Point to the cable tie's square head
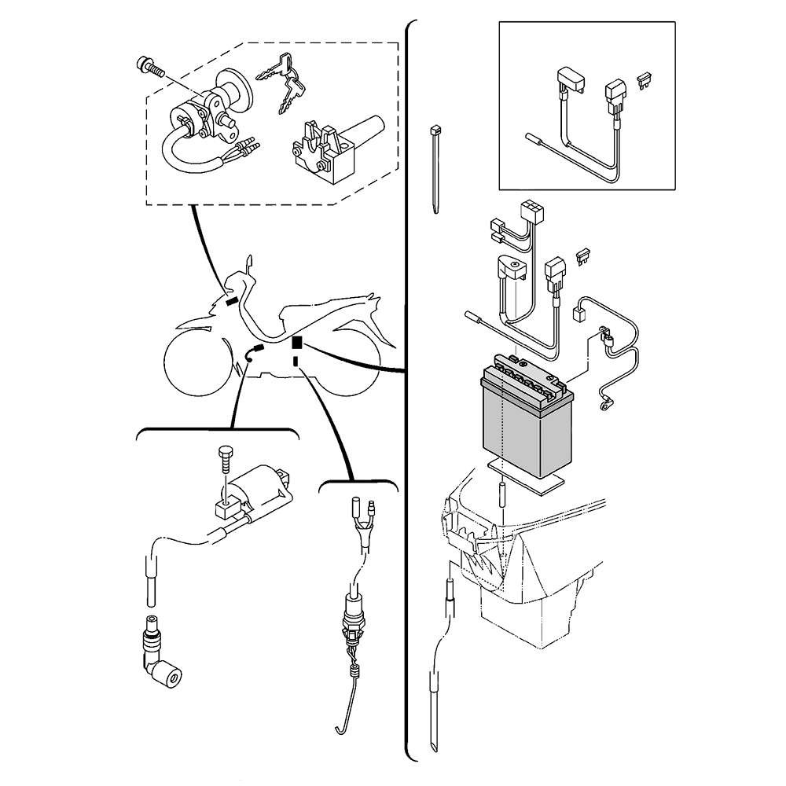(433, 130)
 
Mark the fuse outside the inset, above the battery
(584, 255)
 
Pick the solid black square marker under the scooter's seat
(296, 342)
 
